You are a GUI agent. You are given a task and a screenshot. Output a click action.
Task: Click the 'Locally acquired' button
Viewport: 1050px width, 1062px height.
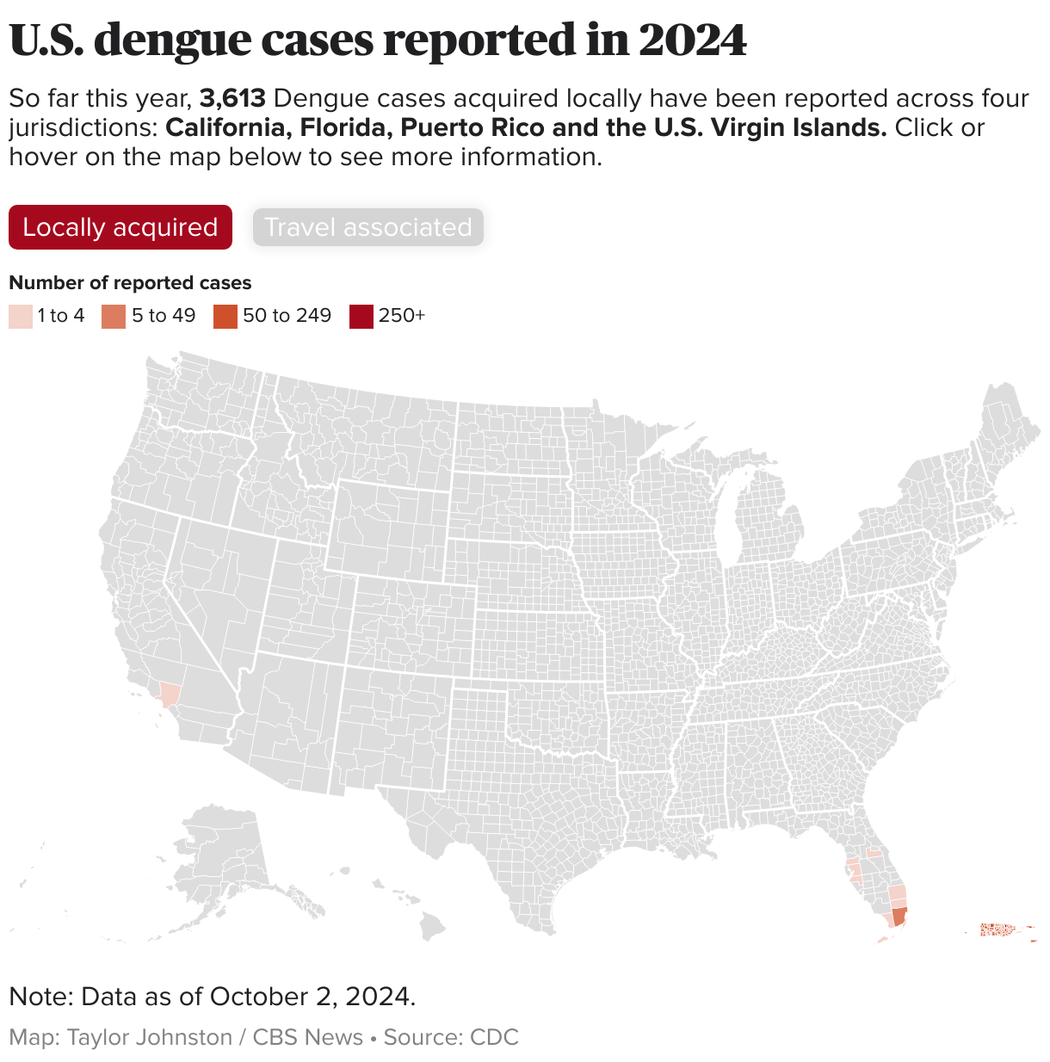(120, 227)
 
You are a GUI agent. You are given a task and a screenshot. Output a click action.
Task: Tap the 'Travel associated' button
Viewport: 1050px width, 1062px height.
(367, 227)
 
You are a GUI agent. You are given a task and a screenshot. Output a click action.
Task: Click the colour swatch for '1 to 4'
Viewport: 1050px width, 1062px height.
(21, 316)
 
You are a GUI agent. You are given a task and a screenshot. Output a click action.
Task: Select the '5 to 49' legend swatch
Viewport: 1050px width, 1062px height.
(113, 316)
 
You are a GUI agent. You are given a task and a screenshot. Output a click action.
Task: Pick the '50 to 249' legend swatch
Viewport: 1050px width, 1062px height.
(225, 316)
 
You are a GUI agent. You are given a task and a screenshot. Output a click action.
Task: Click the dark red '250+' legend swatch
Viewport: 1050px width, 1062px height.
(361, 316)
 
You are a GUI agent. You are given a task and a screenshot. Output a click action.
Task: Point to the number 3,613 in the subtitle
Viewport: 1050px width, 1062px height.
(232, 99)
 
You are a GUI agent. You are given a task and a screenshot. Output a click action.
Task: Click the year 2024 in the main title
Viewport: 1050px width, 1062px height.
(692, 40)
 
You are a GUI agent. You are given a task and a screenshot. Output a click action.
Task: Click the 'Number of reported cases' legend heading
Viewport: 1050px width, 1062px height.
(130, 283)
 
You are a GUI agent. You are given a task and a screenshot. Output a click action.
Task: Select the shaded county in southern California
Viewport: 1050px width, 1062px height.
(170, 695)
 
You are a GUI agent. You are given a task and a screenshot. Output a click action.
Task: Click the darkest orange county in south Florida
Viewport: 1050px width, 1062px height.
(899, 917)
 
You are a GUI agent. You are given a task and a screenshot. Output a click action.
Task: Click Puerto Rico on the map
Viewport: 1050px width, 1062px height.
(1000, 929)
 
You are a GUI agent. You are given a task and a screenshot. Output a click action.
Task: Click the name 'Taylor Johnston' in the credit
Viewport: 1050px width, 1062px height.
(150, 1037)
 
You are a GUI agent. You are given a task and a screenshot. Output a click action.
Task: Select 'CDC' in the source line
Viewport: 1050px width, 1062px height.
(494, 1037)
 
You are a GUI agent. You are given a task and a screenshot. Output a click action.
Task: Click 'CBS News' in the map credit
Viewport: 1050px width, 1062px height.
(307, 1037)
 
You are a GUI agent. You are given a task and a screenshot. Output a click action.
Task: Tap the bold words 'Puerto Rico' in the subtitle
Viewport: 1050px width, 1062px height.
(472, 128)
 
